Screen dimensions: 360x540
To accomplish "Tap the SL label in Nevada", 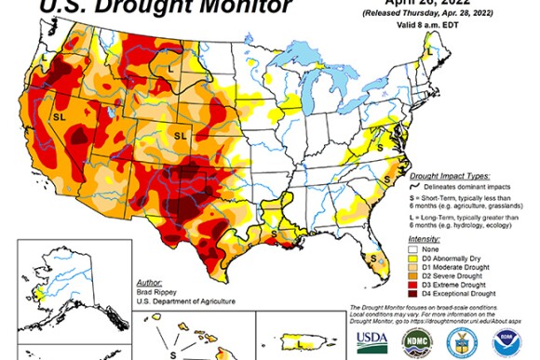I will [59, 118].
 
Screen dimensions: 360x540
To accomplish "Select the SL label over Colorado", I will [180, 134].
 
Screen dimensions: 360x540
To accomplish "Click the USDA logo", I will [371, 340].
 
